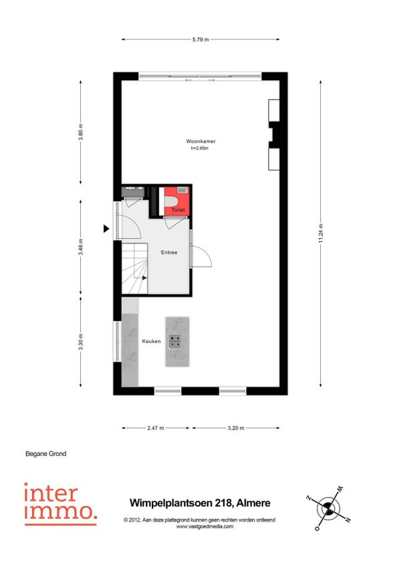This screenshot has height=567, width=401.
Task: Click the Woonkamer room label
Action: pyautogui.click(x=200, y=141)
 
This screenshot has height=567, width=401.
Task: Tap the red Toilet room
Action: pyautogui.click(x=176, y=201)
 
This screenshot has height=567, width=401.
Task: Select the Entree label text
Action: pyautogui.click(x=169, y=252)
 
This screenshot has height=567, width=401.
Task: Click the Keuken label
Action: pyautogui.click(x=151, y=341)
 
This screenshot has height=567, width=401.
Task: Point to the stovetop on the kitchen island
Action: pyautogui.click(x=175, y=342)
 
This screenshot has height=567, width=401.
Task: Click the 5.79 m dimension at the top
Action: pyautogui.click(x=200, y=39)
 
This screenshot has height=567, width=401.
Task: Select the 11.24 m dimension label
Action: pyautogui.click(x=321, y=233)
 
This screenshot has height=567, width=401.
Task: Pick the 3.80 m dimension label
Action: pyautogui.click(x=81, y=132)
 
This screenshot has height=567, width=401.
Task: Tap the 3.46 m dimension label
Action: pyautogui.click(x=81, y=247)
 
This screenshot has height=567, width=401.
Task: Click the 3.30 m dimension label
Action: pyautogui.click(x=81, y=342)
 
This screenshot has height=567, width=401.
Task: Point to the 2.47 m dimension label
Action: pyautogui.click(x=156, y=428)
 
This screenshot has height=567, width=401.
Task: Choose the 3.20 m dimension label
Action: pyautogui.click(x=236, y=428)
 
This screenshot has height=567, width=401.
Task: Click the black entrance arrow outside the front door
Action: pyautogui.click(x=106, y=229)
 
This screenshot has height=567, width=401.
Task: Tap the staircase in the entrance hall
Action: pyautogui.click(x=134, y=269)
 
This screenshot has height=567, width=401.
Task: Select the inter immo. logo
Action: pyautogui.click(x=61, y=504)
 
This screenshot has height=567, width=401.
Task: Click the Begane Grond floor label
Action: pyautogui.click(x=46, y=454)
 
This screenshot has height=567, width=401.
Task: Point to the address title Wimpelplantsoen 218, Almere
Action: pyautogui.click(x=200, y=503)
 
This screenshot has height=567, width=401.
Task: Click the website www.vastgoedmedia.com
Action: pyautogui.click(x=205, y=526)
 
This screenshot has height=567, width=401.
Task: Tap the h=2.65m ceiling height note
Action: pyautogui.click(x=200, y=148)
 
